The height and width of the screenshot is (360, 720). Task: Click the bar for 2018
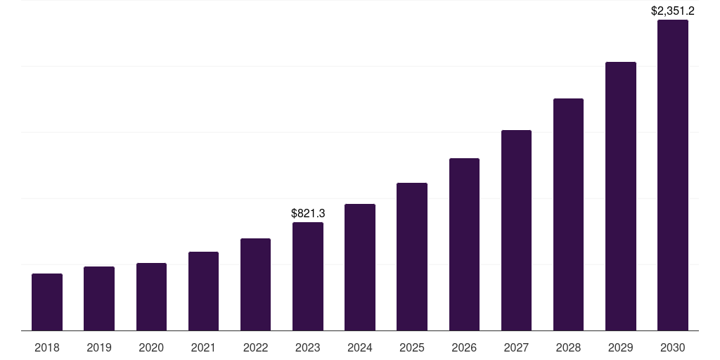click(x=47, y=302)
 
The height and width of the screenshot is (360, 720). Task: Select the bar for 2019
click(x=99, y=299)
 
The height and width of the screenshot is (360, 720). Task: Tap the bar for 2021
click(x=203, y=291)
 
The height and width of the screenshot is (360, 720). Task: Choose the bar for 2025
click(x=412, y=257)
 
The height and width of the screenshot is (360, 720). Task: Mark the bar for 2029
click(x=621, y=196)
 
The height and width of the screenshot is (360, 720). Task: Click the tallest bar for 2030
click(x=673, y=175)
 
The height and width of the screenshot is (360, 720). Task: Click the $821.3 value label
click(x=308, y=213)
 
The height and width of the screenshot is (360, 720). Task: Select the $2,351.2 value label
click(x=673, y=11)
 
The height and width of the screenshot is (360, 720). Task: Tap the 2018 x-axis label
click(x=47, y=347)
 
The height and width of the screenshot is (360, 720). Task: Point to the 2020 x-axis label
click(x=151, y=347)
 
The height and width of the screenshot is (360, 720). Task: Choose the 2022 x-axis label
click(x=256, y=347)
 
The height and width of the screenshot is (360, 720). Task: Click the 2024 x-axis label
click(x=360, y=347)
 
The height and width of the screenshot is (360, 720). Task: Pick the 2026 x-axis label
click(x=464, y=347)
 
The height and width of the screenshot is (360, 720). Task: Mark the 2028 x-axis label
click(x=568, y=347)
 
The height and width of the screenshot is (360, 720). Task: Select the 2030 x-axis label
click(x=673, y=347)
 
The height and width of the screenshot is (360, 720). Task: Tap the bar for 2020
click(x=151, y=297)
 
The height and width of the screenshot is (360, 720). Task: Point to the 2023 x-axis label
click(x=308, y=347)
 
